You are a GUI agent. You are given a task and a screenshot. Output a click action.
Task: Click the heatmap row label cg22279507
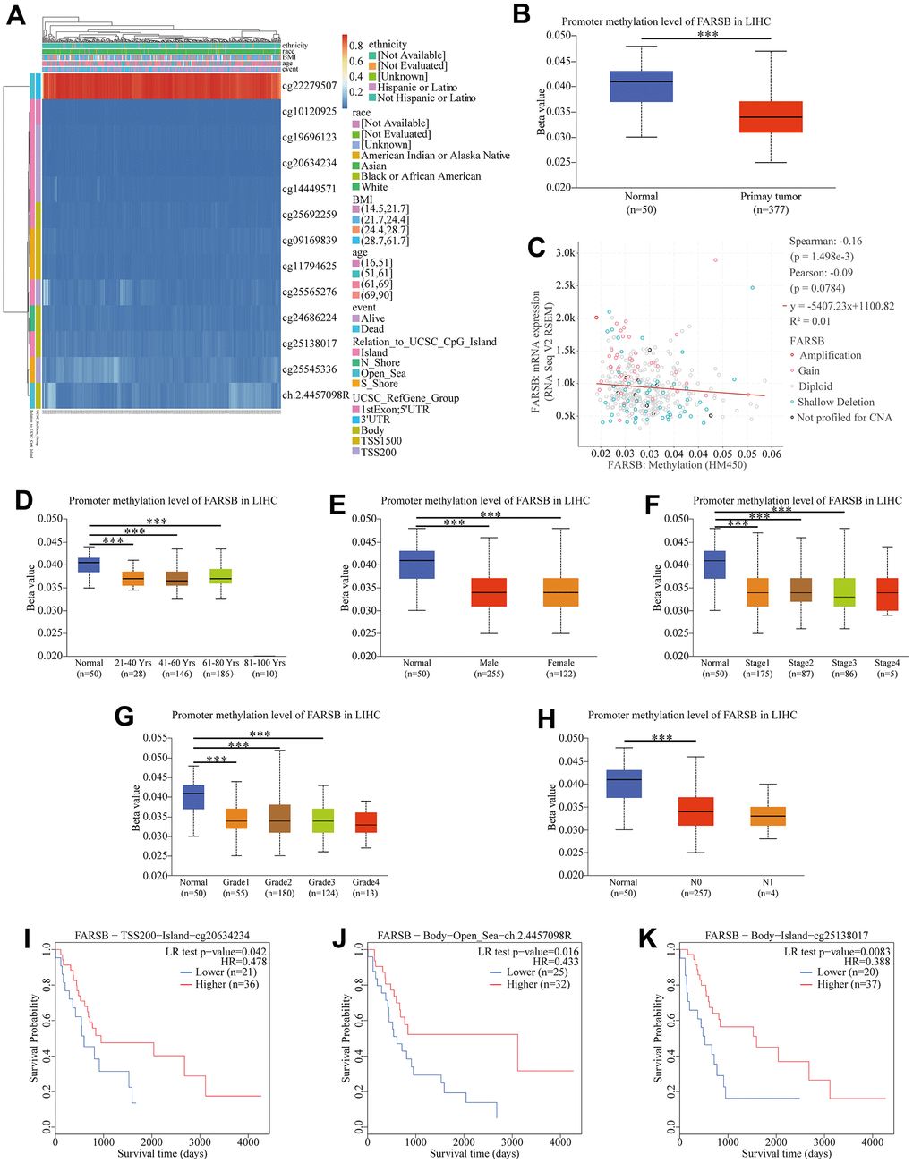click(309, 86)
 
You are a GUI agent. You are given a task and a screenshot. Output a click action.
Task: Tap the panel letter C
click(536, 246)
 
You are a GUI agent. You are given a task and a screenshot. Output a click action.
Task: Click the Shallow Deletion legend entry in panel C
click(836, 402)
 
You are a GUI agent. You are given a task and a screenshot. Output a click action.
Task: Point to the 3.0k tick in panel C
click(565, 254)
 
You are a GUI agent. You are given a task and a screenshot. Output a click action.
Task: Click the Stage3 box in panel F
click(843, 591)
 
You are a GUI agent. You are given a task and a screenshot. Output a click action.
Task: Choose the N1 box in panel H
click(767, 815)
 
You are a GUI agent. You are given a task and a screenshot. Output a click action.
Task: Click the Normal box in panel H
click(623, 784)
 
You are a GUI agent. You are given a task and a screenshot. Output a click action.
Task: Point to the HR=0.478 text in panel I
click(245, 960)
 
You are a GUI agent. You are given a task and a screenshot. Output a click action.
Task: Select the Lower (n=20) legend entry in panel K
click(851, 972)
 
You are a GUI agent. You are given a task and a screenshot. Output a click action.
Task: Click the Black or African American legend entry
click(421, 176)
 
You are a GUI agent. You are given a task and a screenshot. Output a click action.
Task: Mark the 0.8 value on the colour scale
click(355, 46)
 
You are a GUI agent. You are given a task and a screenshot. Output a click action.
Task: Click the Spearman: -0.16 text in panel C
click(825, 242)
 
